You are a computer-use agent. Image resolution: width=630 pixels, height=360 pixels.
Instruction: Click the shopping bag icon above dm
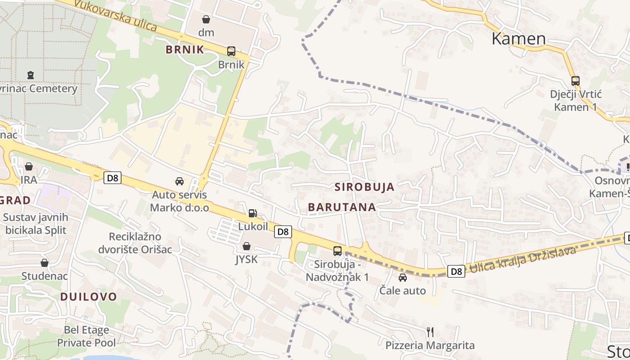206,19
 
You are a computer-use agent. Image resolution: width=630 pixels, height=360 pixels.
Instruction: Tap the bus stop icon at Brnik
231,51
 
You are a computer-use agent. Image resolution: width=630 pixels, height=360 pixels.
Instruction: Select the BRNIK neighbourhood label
185,49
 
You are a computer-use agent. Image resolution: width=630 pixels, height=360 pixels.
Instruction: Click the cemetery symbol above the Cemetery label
31,75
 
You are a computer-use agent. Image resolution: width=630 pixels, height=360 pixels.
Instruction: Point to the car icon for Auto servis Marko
180,181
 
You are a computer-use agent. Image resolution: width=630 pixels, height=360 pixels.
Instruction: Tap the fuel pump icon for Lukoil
253,213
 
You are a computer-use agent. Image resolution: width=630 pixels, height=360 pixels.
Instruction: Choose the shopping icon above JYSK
246,246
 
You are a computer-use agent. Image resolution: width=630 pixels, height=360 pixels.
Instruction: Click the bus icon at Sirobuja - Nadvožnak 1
337,251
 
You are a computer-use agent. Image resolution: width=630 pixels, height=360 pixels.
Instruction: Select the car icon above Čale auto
403,278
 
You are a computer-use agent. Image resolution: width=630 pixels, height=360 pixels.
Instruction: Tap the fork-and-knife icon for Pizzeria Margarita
430,332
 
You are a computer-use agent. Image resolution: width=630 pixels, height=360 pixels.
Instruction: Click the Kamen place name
518,39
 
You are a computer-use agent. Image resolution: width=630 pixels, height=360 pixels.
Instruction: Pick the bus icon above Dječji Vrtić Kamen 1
576,81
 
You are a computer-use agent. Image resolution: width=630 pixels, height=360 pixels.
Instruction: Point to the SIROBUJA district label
364,187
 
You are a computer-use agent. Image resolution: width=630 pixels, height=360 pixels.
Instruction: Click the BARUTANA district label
342,207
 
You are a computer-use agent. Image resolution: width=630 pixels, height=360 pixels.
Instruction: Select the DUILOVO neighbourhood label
89,297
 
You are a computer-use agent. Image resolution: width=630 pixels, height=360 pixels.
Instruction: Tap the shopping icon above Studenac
45,263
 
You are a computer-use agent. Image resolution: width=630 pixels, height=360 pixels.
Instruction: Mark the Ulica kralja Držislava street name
523,261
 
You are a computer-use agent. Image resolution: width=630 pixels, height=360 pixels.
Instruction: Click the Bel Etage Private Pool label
86,336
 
